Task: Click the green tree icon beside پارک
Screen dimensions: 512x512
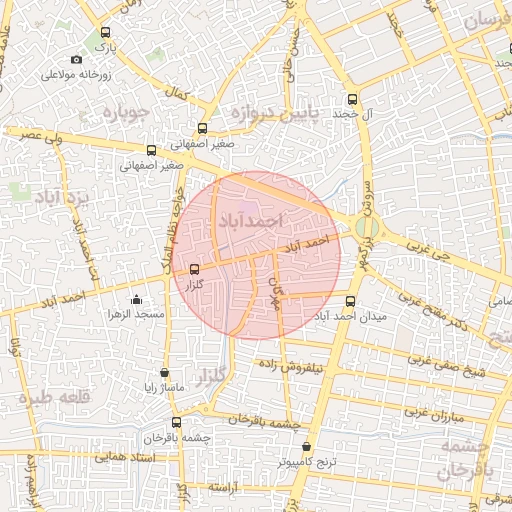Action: coord(105,33)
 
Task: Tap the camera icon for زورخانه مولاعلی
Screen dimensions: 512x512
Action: coord(77,60)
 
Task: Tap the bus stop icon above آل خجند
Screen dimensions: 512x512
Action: coord(352,99)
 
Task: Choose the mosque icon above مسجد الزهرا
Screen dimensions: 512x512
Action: coord(136,299)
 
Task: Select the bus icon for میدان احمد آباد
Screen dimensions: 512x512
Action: coord(350,301)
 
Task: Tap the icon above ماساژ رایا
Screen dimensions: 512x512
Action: coord(164,372)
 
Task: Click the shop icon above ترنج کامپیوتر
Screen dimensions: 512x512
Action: coord(307,447)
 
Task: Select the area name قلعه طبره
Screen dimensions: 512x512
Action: coord(40,397)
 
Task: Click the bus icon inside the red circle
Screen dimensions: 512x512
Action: coord(194,268)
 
